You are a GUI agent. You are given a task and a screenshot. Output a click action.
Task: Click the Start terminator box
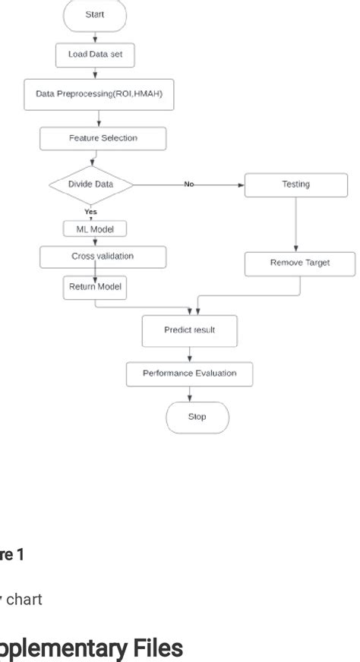pyautogui.click(x=94, y=15)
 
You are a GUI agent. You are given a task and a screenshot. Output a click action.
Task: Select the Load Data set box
pyautogui.click(x=94, y=55)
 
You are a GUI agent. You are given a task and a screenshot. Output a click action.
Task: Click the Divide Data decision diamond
pyautogui.click(x=90, y=184)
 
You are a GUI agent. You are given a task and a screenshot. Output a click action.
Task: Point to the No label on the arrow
pyautogui.click(x=188, y=184)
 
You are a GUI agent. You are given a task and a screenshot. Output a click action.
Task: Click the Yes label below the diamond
pyautogui.click(x=90, y=212)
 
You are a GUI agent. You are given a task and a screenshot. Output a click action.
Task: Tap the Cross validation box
pyautogui.click(x=103, y=257)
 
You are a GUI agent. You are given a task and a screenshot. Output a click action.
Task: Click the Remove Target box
pyautogui.click(x=301, y=263)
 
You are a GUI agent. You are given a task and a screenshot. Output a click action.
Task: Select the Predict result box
pyautogui.click(x=190, y=330)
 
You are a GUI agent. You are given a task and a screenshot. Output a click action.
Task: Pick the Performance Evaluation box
pyautogui.click(x=190, y=374)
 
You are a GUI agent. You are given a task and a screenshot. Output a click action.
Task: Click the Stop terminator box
pyautogui.click(x=197, y=417)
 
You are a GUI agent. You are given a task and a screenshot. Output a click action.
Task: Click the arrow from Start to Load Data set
pyautogui.click(x=94, y=36)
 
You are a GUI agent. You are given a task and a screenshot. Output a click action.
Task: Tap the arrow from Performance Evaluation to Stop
pyautogui.click(x=190, y=393)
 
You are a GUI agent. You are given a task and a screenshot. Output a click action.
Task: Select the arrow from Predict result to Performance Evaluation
pyautogui.click(x=190, y=353)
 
